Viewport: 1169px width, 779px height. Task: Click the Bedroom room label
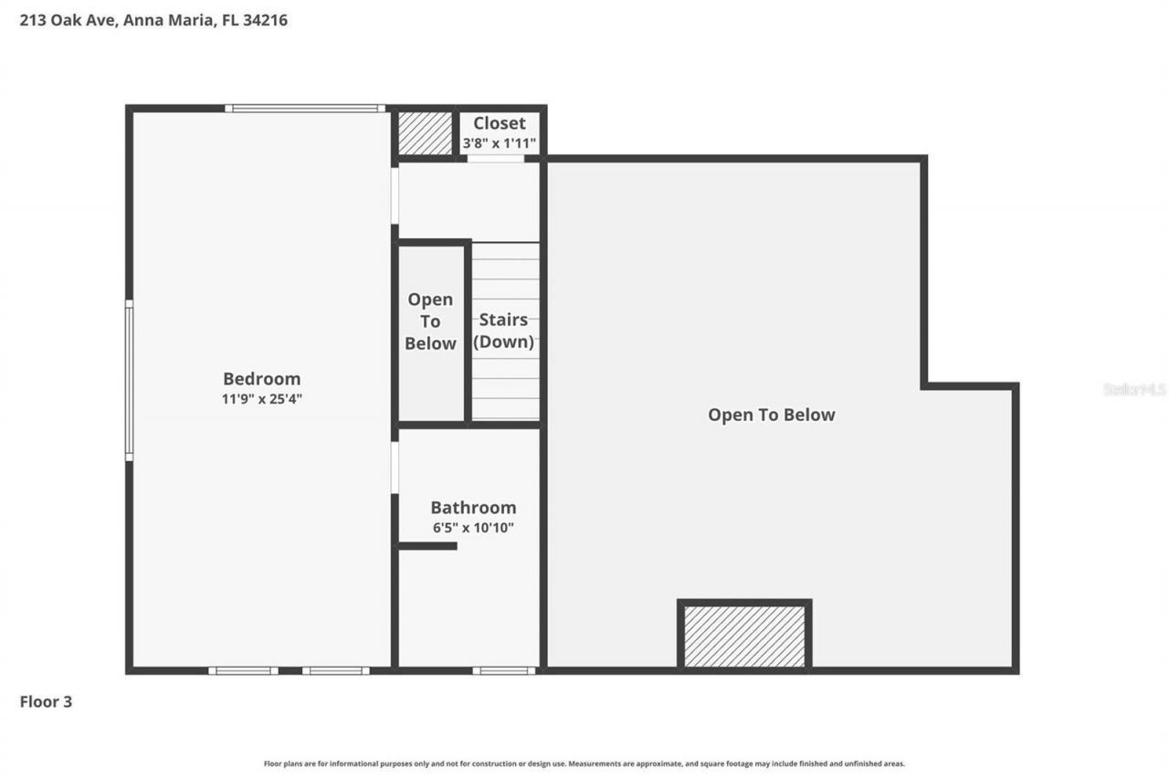pos(261,378)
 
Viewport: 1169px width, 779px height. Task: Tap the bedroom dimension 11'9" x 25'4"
pos(261,399)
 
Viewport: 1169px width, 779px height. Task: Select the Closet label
pos(499,123)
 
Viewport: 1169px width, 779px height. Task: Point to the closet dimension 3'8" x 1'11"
pos(499,143)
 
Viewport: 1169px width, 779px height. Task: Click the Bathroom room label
pos(473,508)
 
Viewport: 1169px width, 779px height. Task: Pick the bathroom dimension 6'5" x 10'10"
pos(473,528)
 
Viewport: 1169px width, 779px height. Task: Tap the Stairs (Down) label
pos(503,332)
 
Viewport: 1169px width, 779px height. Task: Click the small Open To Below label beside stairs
pos(430,321)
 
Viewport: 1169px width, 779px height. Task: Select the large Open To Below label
pos(771,415)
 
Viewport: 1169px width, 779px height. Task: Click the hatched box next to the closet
pos(426,133)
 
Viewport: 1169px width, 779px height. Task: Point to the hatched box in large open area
pos(744,635)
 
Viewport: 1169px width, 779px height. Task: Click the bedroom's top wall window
pos(305,109)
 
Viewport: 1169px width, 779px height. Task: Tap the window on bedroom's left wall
pos(130,380)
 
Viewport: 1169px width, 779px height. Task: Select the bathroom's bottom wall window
pos(503,671)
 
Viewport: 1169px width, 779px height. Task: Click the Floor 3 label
pos(46,702)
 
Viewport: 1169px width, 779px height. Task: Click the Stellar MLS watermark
pos(1134,389)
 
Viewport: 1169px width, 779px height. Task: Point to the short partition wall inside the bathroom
pos(427,546)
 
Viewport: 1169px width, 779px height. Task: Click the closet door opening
pos(496,159)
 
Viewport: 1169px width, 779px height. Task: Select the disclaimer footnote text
pos(584,763)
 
